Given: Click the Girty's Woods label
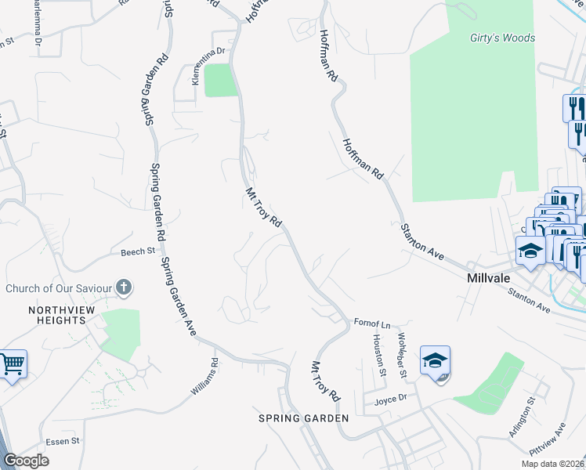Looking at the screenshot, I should (x=502, y=38).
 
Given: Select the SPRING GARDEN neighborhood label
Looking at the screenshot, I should (x=304, y=418).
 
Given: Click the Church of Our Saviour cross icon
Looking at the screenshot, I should (x=123, y=287).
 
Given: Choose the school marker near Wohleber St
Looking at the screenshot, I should (x=435, y=360).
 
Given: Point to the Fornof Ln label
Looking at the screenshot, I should (x=371, y=323).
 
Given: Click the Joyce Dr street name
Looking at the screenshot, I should (x=391, y=397).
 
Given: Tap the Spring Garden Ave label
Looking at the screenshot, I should (x=179, y=297).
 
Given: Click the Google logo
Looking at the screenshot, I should (x=26, y=461).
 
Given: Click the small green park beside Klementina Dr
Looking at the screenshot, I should (x=221, y=80).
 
